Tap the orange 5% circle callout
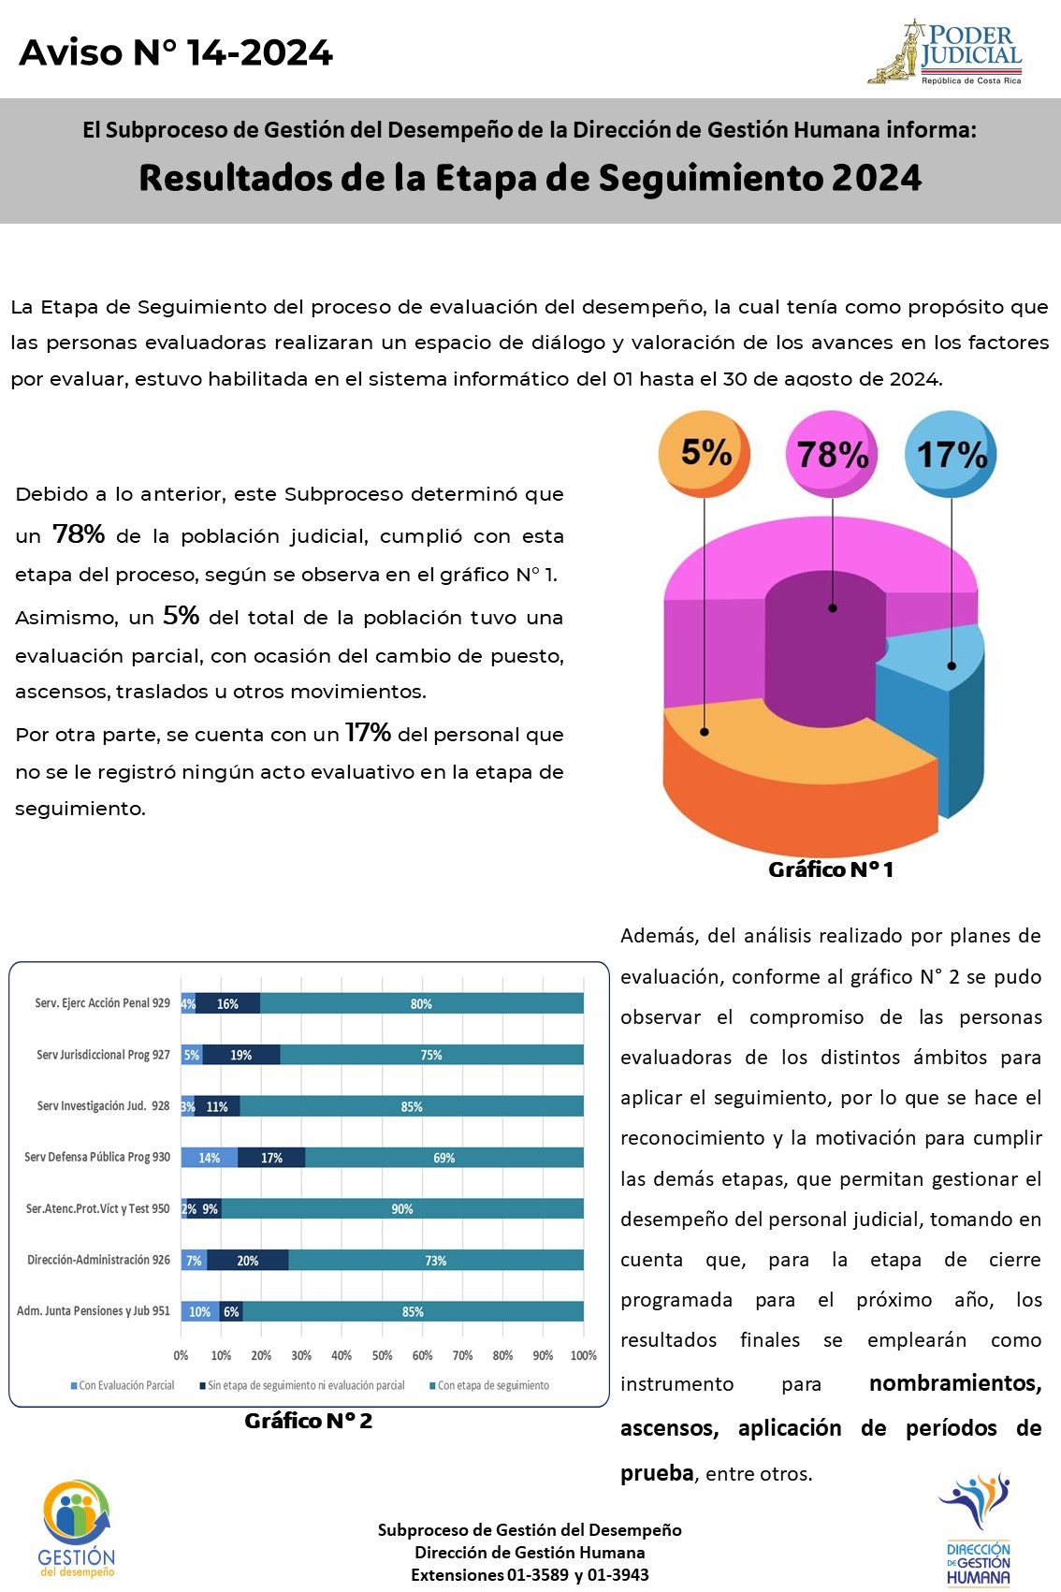(x=705, y=453)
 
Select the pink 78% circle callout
(x=832, y=454)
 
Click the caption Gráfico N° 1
(x=831, y=869)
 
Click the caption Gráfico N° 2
(x=309, y=1421)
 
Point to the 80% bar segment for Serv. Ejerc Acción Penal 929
(x=421, y=1003)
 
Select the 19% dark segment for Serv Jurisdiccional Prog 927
(x=241, y=1055)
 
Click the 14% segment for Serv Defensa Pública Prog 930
(x=209, y=1158)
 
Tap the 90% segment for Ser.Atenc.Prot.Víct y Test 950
(x=402, y=1209)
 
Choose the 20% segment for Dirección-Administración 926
(x=248, y=1261)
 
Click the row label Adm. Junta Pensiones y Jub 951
(x=94, y=1311)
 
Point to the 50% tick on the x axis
(x=382, y=1355)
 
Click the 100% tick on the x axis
(x=583, y=1355)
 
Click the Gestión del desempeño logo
(x=77, y=1528)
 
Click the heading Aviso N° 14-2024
(x=176, y=52)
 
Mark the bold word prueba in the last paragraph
(x=657, y=1473)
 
